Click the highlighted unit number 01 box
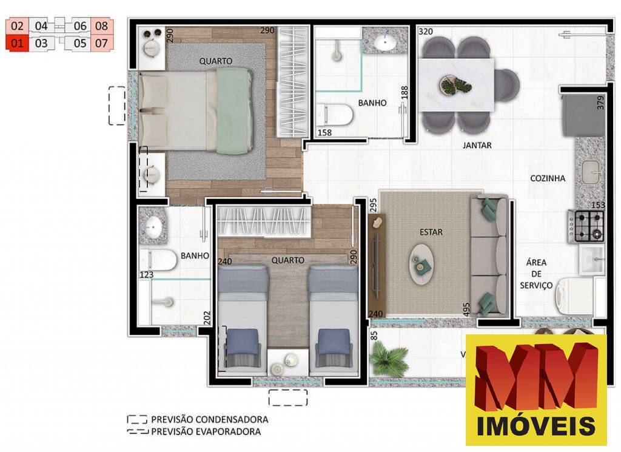[x=17, y=43]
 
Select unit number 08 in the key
[x=101, y=26]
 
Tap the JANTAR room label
[x=477, y=146]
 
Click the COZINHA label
[x=548, y=178]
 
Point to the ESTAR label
[x=431, y=232]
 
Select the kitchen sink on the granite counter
[x=592, y=172]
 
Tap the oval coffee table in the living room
[x=423, y=264]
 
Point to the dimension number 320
[x=426, y=32]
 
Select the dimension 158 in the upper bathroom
[x=325, y=132]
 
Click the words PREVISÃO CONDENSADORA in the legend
[x=209, y=419]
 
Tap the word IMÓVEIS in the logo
[x=536, y=426]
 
